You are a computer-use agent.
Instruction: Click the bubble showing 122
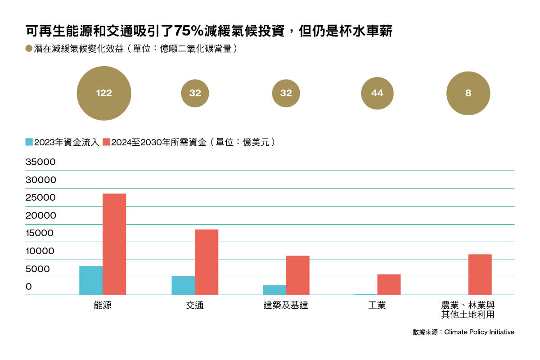(x=104, y=94)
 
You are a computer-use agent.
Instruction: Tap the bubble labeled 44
(x=377, y=94)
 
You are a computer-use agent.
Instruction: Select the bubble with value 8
(x=468, y=94)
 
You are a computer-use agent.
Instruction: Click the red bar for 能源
(x=114, y=244)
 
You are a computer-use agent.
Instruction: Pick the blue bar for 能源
(x=91, y=280)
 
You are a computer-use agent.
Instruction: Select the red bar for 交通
(x=207, y=262)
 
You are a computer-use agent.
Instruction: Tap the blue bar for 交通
(x=183, y=286)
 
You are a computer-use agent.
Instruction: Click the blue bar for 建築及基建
(x=274, y=290)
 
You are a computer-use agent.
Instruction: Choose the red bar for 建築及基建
(x=298, y=275)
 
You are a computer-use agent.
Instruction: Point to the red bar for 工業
(x=389, y=284)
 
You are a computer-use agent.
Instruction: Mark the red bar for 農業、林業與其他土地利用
(x=480, y=274)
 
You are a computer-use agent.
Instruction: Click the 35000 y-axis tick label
(x=40, y=162)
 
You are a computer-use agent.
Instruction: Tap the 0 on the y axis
(x=29, y=287)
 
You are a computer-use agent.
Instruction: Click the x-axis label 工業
(x=377, y=306)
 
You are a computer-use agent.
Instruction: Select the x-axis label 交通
(x=195, y=306)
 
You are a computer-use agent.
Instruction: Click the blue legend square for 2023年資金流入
(x=29, y=142)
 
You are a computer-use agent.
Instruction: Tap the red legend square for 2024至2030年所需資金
(x=106, y=142)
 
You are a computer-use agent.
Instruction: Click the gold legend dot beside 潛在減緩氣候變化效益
(x=29, y=49)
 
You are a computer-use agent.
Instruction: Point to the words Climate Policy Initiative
(x=479, y=332)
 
